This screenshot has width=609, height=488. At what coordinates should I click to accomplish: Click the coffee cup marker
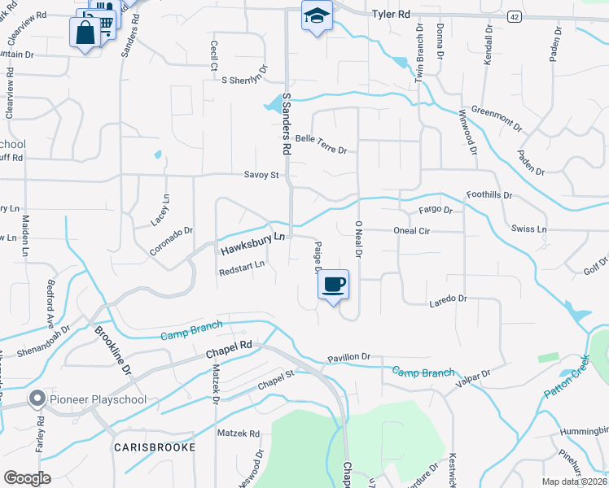335,285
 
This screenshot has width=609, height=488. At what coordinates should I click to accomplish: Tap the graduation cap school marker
316,15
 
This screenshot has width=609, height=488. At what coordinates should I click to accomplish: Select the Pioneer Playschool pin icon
35,399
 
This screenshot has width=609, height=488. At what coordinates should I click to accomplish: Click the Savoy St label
261,175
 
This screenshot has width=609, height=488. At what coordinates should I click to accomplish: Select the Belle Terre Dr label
321,144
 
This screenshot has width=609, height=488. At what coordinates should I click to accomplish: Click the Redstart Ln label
242,268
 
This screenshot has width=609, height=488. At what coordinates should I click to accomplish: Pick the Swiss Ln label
529,229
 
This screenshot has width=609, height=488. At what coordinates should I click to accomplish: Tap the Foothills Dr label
489,196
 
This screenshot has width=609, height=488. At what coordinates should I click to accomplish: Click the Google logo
28,478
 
